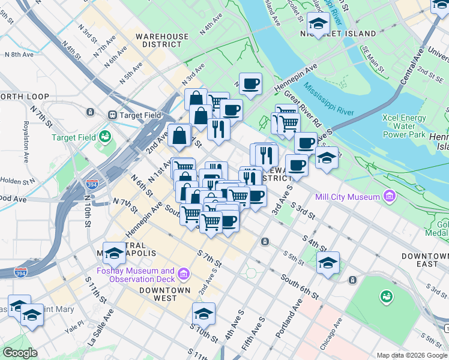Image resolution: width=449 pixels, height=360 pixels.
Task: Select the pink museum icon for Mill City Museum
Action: pyautogui.click(x=390, y=196)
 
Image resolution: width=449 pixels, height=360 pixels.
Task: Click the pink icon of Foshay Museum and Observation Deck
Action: pyautogui.click(x=184, y=275)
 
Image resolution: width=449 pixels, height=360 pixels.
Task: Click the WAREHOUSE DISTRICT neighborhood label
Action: pyautogui.click(x=161, y=40)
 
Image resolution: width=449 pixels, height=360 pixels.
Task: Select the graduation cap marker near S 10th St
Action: pyautogui.click(x=203, y=313)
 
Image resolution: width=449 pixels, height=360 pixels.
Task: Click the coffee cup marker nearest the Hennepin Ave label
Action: pyautogui.click(x=252, y=83)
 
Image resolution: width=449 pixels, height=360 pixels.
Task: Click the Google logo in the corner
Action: pyautogui.click(x=20, y=353)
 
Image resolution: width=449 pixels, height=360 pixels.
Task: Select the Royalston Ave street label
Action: pyautogui.click(x=26, y=144)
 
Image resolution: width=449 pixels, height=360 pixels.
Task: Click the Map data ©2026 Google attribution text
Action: pyautogui.click(x=412, y=355)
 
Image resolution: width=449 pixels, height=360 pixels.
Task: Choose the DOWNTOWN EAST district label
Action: pyautogui.click(x=424, y=260)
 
